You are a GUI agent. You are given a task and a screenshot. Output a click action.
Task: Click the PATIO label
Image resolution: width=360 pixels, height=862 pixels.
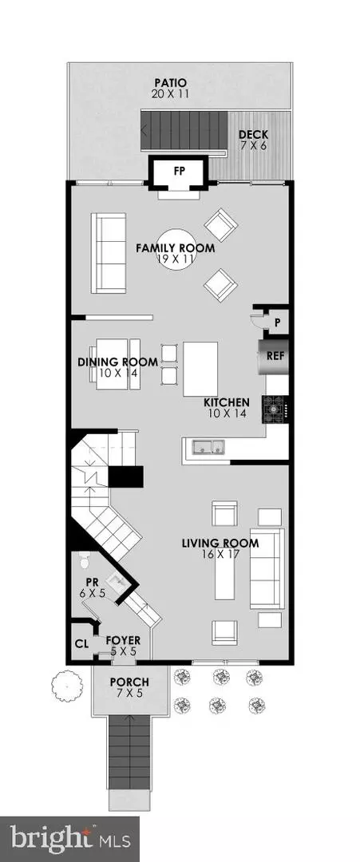[170, 82]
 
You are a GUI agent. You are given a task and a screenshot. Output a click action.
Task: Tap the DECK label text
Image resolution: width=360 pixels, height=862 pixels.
[253, 135]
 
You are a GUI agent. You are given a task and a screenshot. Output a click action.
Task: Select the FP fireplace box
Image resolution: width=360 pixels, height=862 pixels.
[179, 172]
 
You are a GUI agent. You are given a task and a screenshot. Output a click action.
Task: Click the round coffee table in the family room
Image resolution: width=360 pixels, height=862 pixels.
[176, 248]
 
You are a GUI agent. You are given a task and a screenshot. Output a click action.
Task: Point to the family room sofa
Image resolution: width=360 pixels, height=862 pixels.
[109, 253]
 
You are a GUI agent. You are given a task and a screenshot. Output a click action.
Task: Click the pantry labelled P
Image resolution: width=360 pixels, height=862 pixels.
[277, 322]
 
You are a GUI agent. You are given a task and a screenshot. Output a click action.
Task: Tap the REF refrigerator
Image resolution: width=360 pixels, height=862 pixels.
[274, 356]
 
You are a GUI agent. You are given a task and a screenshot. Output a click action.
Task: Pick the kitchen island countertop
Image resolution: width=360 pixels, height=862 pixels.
[200, 368]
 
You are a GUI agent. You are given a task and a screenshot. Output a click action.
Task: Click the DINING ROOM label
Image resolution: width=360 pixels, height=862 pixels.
[117, 362]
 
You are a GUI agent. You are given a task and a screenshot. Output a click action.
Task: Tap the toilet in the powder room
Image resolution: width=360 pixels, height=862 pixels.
[84, 560]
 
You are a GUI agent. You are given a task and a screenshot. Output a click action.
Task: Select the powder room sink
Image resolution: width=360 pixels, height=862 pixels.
[117, 580]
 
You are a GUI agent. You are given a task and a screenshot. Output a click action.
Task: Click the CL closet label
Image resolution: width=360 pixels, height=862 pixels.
[82, 644]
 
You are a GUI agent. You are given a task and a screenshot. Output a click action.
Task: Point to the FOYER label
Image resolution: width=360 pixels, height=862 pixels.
[123, 640]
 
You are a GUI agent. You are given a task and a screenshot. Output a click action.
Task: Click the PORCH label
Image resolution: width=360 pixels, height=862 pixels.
[129, 682]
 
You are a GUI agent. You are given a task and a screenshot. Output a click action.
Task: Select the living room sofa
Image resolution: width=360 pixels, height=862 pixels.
[267, 568]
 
